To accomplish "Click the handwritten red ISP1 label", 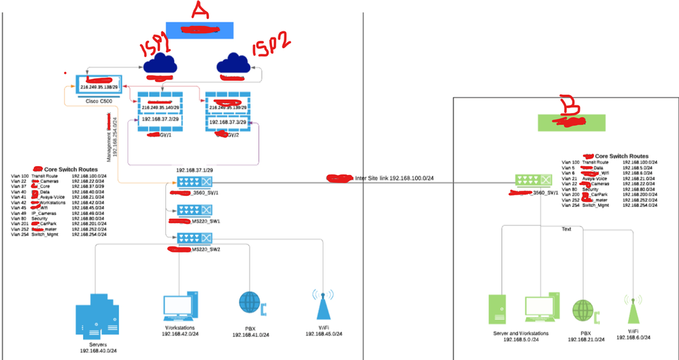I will (157, 48).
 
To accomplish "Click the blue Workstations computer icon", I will (179, 310).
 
